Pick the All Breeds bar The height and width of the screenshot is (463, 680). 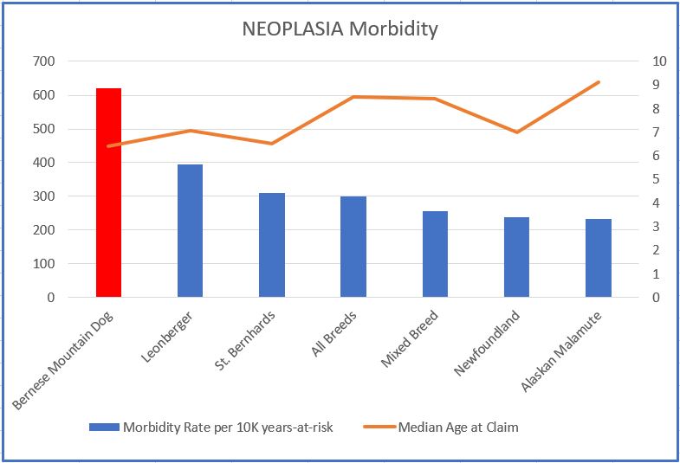tap(353, 247)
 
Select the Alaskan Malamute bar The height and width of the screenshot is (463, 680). tap(598, 258)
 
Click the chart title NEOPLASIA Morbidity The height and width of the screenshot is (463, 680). tap(340, 29)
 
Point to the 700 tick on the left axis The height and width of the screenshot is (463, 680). tap(43, 61)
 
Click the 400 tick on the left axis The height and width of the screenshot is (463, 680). tap(43, 163)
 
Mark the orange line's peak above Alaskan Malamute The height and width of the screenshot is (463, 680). tap(598, 82)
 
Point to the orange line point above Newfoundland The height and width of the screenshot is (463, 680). tap(516, 132)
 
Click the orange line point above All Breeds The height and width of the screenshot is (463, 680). tap(353, 97)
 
